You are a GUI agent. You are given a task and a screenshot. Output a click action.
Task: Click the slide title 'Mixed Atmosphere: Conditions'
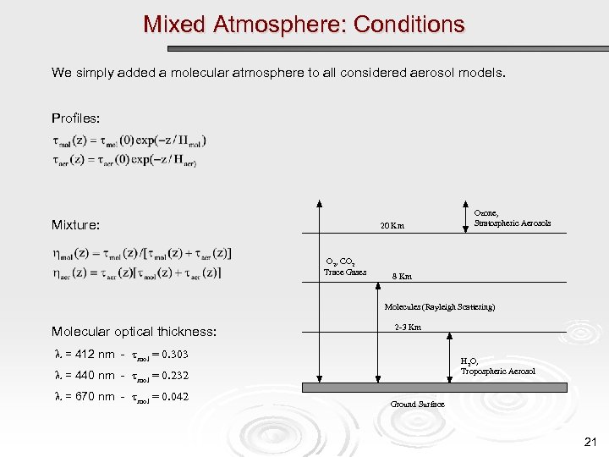(304, 24)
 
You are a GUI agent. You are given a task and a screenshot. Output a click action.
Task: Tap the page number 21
(590, 442)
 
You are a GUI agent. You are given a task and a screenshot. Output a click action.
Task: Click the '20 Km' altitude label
(392, 226)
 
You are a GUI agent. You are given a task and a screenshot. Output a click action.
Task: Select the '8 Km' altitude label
(402, 277)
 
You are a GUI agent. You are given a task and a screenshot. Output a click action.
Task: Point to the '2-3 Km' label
(408, 327)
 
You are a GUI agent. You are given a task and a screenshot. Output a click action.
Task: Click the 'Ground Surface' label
(417, 405)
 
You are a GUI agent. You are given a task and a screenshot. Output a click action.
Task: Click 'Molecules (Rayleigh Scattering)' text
(440, 306)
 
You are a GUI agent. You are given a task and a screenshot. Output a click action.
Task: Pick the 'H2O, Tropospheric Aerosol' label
(497, 366)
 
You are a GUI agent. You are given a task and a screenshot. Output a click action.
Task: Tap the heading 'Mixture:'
(75, 225)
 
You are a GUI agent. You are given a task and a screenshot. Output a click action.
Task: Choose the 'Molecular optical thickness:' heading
(134, 331)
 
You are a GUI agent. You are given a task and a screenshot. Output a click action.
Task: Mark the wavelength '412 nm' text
(90, 354)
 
